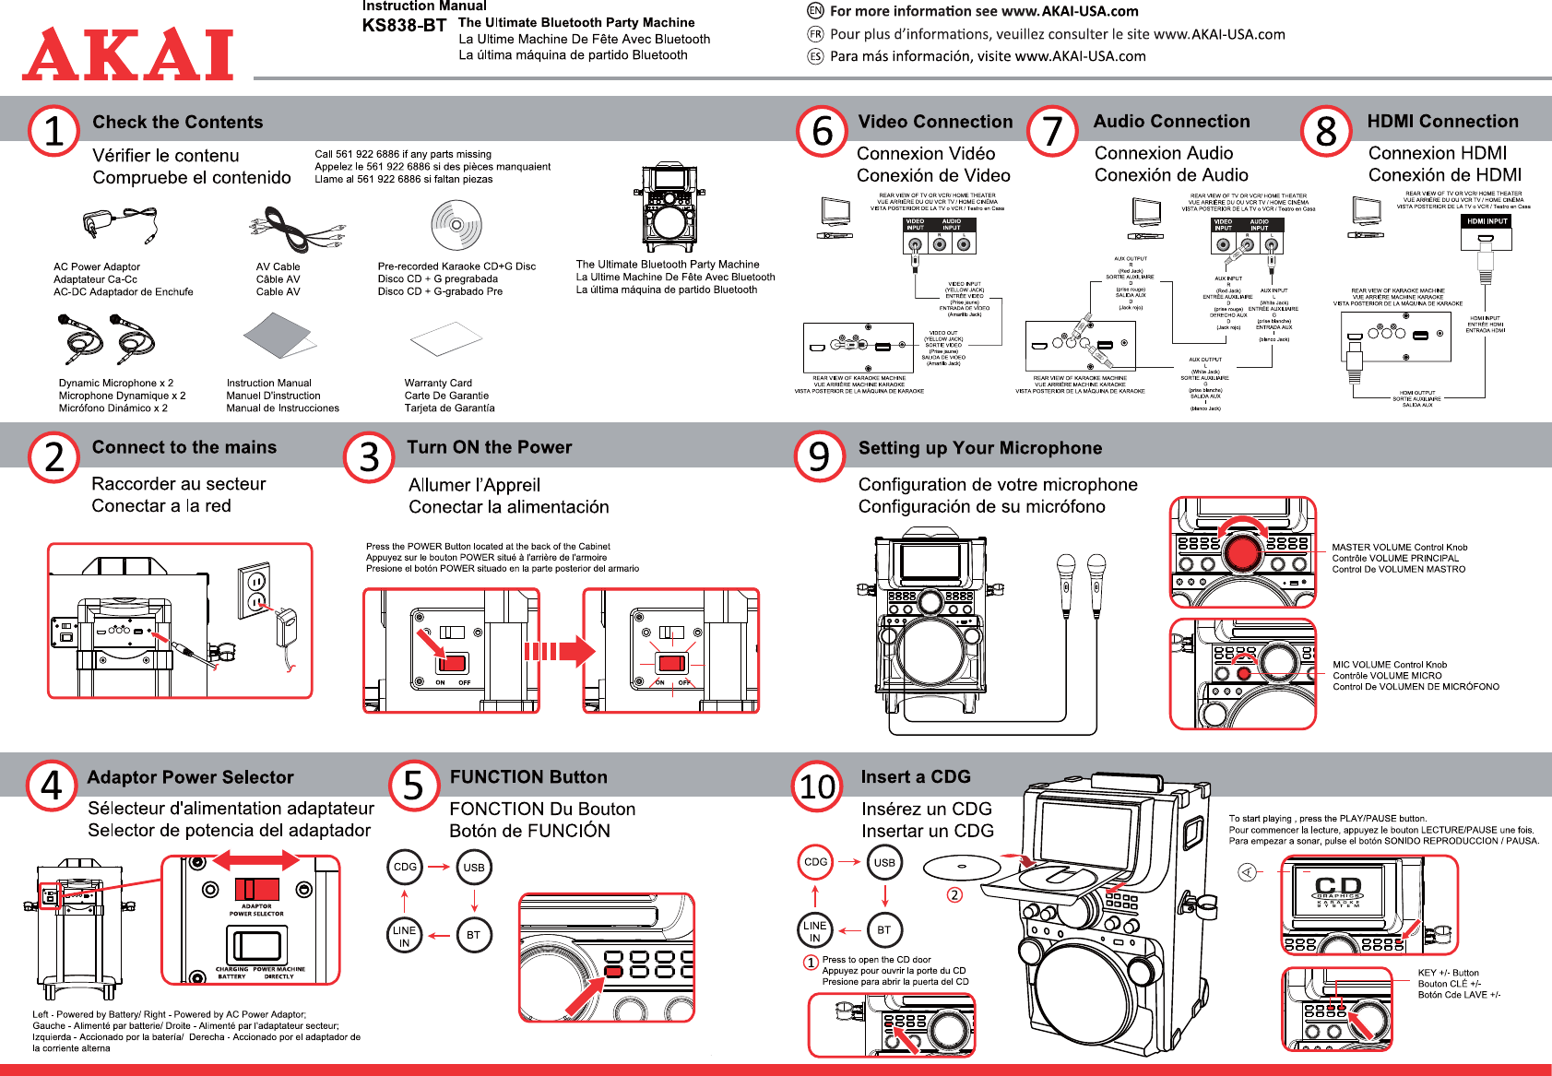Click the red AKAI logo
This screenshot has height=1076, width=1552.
[128, 54]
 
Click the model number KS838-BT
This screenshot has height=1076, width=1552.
[404, 26]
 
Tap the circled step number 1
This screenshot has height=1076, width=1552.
[54, 131]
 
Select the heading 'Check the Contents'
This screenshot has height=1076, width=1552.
[178, 123]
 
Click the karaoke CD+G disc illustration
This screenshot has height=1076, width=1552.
[456, 224]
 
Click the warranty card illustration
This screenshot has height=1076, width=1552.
[446, 339]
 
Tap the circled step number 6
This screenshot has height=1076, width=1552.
[822, 131]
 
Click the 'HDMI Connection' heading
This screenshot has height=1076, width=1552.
[1442, 122]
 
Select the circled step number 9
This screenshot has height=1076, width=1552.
[819, 456]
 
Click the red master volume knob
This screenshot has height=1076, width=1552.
[1242, 551]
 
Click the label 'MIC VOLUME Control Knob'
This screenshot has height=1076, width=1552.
[1390, 665]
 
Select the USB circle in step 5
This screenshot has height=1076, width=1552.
[474, 868]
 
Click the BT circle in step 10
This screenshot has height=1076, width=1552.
[884, 929]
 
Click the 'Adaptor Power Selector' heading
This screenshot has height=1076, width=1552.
[190, 777]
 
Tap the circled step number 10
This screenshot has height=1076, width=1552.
[817, 786]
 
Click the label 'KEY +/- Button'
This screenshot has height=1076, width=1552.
[1448, 973]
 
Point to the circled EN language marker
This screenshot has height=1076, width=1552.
[815, 11]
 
